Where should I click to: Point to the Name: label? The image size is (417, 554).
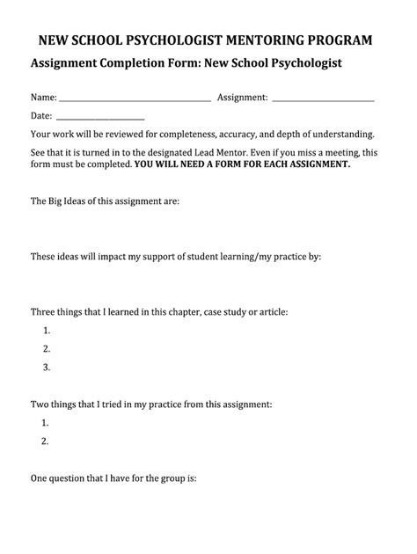click(44, 98)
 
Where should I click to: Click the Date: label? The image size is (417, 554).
click(42, 116)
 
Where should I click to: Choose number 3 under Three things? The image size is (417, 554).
click(46, 368)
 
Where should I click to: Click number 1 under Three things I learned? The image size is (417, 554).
click(46, 331)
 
